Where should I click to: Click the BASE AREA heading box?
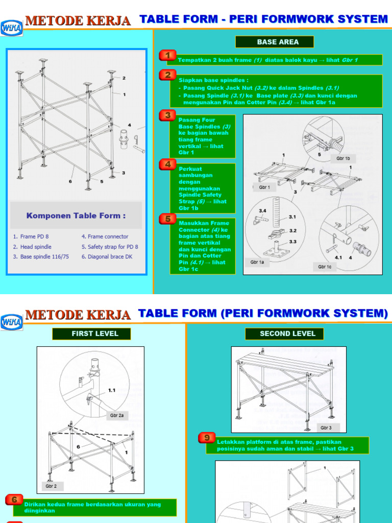click(x=274, y=42)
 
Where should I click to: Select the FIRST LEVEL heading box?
click(x=91, y=334)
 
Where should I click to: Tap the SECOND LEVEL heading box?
click(x=287, y=334)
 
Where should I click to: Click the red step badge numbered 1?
click(x=167, y=55)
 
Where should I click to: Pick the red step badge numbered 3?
click(x=167, y=115)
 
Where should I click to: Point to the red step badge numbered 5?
click(x=167, y=219)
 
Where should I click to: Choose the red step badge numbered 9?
click(x=206, y=438)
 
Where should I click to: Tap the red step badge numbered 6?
click(x=15, y=500)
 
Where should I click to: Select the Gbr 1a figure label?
click(x=257, y=261)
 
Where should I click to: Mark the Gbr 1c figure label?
click(x=325, y=266)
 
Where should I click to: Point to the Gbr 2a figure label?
click(x=117, y=416)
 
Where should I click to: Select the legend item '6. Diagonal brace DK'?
click(x=107, y=257)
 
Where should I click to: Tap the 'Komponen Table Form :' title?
click(x=76, y=216)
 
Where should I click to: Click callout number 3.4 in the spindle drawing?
click(x=262, y=210)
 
